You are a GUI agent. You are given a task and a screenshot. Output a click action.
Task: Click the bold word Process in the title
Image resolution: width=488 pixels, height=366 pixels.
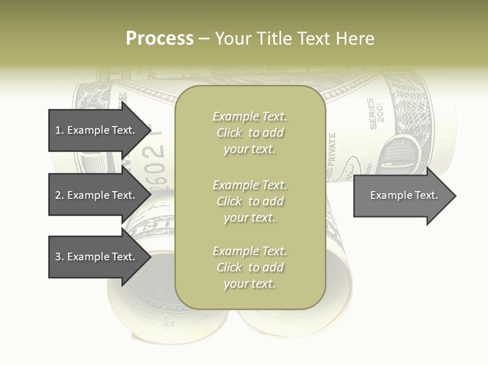[160, 39]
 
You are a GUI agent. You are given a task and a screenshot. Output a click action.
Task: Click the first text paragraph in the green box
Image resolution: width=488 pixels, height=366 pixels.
[250, 133]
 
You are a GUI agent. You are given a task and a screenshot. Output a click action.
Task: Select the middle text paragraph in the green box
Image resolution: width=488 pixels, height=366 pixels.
[250, 201]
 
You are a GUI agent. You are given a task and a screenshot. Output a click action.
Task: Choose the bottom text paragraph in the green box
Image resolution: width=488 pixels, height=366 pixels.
[250, 267]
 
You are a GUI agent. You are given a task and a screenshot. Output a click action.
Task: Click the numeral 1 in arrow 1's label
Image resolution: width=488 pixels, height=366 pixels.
[58, 130]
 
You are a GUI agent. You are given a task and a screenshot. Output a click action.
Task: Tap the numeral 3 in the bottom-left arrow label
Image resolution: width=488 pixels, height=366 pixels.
[58, 257]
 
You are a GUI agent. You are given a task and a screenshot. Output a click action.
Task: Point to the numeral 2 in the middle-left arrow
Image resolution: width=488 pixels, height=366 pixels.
[58, 195]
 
